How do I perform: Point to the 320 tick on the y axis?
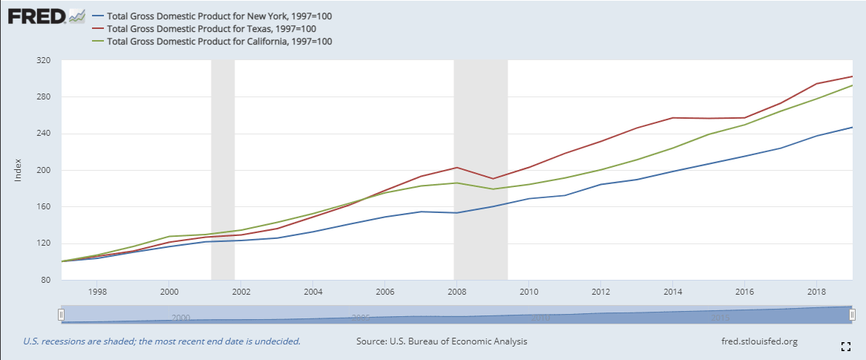tap(42, 61)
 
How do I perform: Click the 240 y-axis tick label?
tap(42, 134)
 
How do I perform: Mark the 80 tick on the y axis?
tap(45, 280)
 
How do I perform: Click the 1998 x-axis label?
tap(97, 290)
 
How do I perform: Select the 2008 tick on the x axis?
tap(456, 290)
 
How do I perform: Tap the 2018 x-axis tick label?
tap(816, 290)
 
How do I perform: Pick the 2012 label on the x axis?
tap(600, 290)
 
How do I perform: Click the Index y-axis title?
tap(19, 170)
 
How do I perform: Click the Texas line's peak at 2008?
tap(456, 167)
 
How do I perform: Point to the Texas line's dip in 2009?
tap(492, 178)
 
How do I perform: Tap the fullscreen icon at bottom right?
tap(845, 346)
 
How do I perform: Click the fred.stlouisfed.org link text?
tap(759, 341)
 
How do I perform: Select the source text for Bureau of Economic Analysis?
tap(442, 341)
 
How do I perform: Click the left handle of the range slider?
tap(62, 315)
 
